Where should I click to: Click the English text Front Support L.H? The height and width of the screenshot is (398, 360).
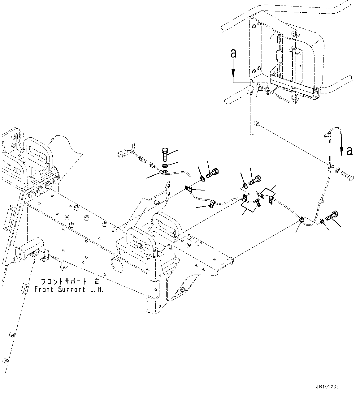pyautogui.click(x=69, y=290)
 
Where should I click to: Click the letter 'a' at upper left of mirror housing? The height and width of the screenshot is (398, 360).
pyautogui.click(x=233, y=54)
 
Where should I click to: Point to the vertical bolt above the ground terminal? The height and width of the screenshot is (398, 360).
pyautogui.click(x=164, y=154)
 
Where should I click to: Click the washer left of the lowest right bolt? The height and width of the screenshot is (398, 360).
pyautogui.click(x=322, y=221)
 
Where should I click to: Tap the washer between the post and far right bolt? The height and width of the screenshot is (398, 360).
pyautogui.click(x=337, y=169)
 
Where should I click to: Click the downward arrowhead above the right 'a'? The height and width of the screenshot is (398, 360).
pyautogui.click(x=342, y=151)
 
